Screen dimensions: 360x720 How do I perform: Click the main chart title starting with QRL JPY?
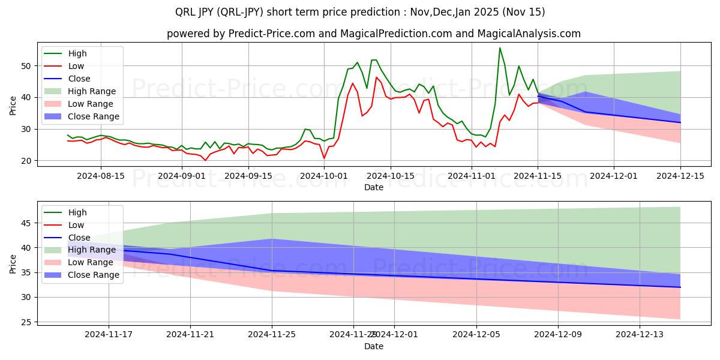tap(360, 12)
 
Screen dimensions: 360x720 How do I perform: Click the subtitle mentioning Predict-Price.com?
tap(373, 34)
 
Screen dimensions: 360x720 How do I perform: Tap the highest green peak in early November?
tap(500, 48)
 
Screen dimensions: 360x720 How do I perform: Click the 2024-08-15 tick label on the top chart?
tap(100, 176)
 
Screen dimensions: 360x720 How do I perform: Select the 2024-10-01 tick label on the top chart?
tap(324, 176)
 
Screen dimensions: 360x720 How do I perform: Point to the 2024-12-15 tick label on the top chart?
tap(680, 176)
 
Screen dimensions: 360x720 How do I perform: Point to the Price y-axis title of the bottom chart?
tap(13, 263)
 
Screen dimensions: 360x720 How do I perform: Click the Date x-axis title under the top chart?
tap(373, 187)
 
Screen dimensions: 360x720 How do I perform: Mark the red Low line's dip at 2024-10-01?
tap(324, 158)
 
